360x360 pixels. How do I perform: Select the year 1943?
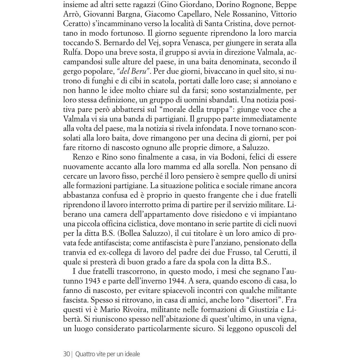point(93,281)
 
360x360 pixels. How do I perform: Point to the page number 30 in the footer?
point(67,354)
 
